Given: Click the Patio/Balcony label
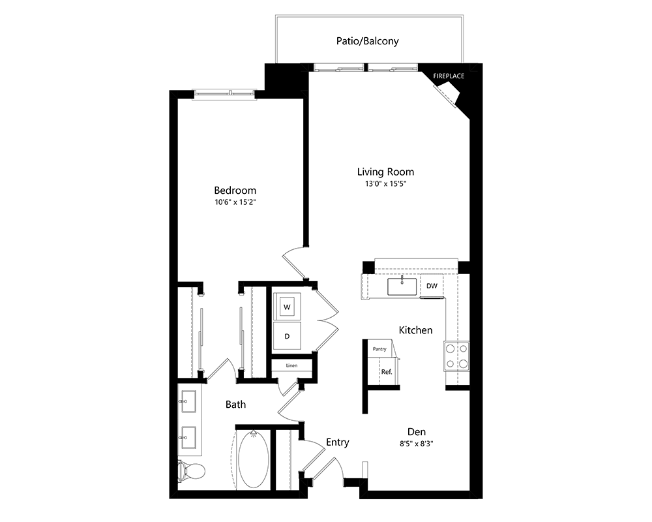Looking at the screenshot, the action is (x=367, y=41).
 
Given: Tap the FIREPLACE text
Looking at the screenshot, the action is (x=449, y=76).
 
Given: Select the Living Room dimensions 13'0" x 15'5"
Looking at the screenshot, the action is (x=385, y=183).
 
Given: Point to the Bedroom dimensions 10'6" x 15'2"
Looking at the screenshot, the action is (x=235, y=202).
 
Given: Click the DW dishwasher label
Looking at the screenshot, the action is (x=432, y=286).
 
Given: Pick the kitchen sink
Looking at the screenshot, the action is (x=402, y=286).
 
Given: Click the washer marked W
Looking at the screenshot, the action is (x=287, y=307).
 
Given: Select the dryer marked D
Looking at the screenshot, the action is (x=287, y=336).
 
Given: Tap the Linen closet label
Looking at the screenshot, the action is (x=291, y=365).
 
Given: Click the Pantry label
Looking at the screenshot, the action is (x=379, y=349).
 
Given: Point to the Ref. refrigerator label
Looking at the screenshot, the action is (x=387, y=372).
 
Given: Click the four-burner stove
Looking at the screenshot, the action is (x=456, y=356).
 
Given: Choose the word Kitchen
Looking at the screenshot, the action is (x=415, y=330).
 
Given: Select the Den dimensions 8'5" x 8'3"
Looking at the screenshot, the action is (x=416, y=444).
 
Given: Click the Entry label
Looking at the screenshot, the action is (x=337, y=442).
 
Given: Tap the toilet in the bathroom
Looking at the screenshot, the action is (x=191, y=472).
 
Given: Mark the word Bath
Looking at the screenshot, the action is (x=235, y=404).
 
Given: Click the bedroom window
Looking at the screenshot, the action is (x=224, y=95).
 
